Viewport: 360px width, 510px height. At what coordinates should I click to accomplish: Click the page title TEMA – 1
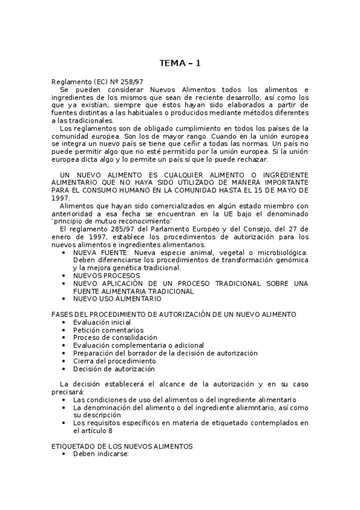pos(180,63)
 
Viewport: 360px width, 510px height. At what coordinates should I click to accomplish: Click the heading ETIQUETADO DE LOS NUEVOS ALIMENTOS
pos(122,447)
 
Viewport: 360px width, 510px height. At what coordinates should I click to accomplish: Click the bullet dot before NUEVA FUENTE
pos(64,253)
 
